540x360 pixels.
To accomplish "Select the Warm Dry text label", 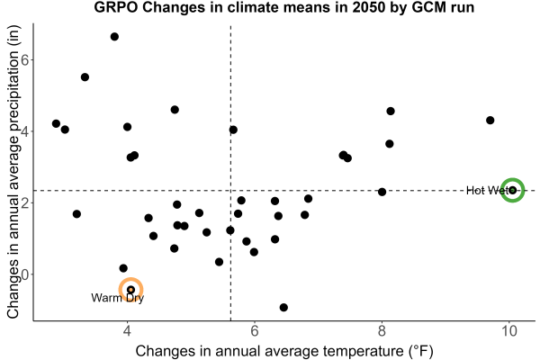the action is (x=117, y=298).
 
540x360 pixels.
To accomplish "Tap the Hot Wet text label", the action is (x=486, y=190).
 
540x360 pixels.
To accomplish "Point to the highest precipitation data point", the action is (x=114, y=37).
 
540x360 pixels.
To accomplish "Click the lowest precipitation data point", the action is (x=283, y=307).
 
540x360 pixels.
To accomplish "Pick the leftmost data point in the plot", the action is (x=56, y=123).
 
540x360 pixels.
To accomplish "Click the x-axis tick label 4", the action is (x=128, y=331).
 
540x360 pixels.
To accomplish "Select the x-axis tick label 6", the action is (x=255, y=331).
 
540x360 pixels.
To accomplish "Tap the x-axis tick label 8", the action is (x=382, y=331).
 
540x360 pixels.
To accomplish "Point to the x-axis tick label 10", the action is (x=509, y=331).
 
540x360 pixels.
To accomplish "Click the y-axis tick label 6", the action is (x=25, y=59).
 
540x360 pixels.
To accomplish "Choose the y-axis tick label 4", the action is (x=25, y=131).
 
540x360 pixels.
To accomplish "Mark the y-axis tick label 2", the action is (x=25, y=202).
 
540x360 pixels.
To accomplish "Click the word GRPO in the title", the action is (x=116, y=7).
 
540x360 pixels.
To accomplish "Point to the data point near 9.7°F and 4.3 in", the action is (x=490, y=121).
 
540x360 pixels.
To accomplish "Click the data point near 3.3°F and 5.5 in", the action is (x=85, y=77).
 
